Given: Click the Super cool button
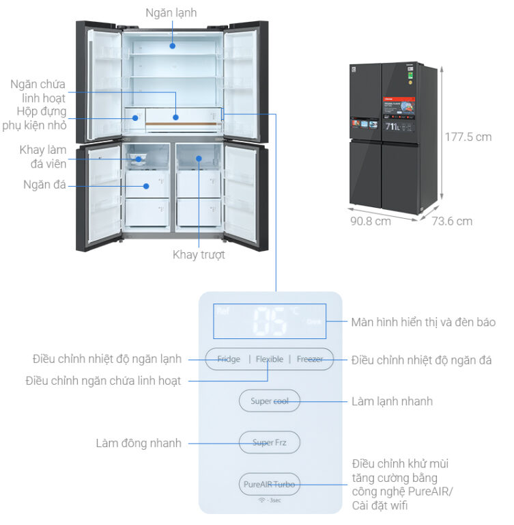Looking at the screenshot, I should click(x=269, y=401).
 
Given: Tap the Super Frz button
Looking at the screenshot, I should click(x=269, y=442).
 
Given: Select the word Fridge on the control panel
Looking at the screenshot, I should click(x=229, y=359).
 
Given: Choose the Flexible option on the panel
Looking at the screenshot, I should click(x=270, y=359).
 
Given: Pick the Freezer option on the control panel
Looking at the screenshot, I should click(x=310, y=359).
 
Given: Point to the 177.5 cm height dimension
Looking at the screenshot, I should click(x=468, y=137).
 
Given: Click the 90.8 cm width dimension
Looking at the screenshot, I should click(x=371, y=221).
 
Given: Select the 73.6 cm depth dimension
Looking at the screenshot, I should click(x=451, y=221).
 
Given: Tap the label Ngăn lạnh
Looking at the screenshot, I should click(x=171, y=13).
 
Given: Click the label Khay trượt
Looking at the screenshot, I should click(x=199, y=254).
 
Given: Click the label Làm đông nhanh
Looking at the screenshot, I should click(x=139, y=443).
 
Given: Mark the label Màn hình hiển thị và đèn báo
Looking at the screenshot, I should click(x=423, y=322).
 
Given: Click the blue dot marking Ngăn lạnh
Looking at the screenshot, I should click(x=173, y=46).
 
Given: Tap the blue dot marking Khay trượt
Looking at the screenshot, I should click(x=199, y=159).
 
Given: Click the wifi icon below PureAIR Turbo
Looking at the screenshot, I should click(x=261, y=500).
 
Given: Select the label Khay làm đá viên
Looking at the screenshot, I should click(x=42, y=156).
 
